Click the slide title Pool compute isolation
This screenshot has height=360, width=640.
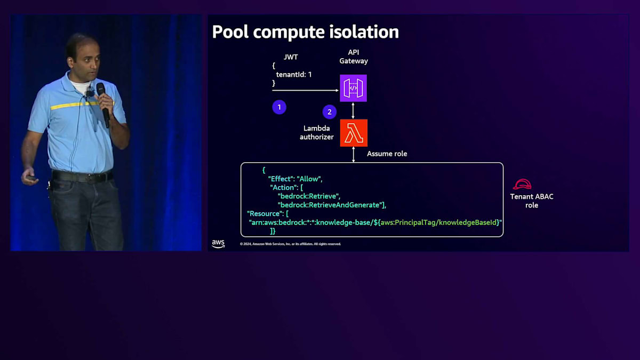pos(305,32)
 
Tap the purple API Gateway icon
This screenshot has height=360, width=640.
pos(354,88)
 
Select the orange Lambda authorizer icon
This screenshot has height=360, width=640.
pos(354,133)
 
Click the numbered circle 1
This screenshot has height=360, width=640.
pos(279,107)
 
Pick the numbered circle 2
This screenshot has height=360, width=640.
pos(330,112)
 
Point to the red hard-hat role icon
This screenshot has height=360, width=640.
pos(522,185)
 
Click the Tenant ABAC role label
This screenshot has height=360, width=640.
pos(531,201)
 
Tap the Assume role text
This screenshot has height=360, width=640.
pos(387,154)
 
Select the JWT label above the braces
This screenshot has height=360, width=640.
pos(291,57)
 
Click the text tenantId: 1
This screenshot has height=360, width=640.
pos(294,75)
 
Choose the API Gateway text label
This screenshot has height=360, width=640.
pos(354,57)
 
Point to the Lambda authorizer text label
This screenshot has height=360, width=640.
pos(317,132)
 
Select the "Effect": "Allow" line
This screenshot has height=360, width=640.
pos(295,179)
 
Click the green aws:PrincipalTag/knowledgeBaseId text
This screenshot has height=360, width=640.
pos(439,222)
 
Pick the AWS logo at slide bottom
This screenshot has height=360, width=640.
pos(218,244)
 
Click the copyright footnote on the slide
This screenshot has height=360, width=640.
pos(290,244)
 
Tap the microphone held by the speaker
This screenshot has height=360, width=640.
pos(103,104)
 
